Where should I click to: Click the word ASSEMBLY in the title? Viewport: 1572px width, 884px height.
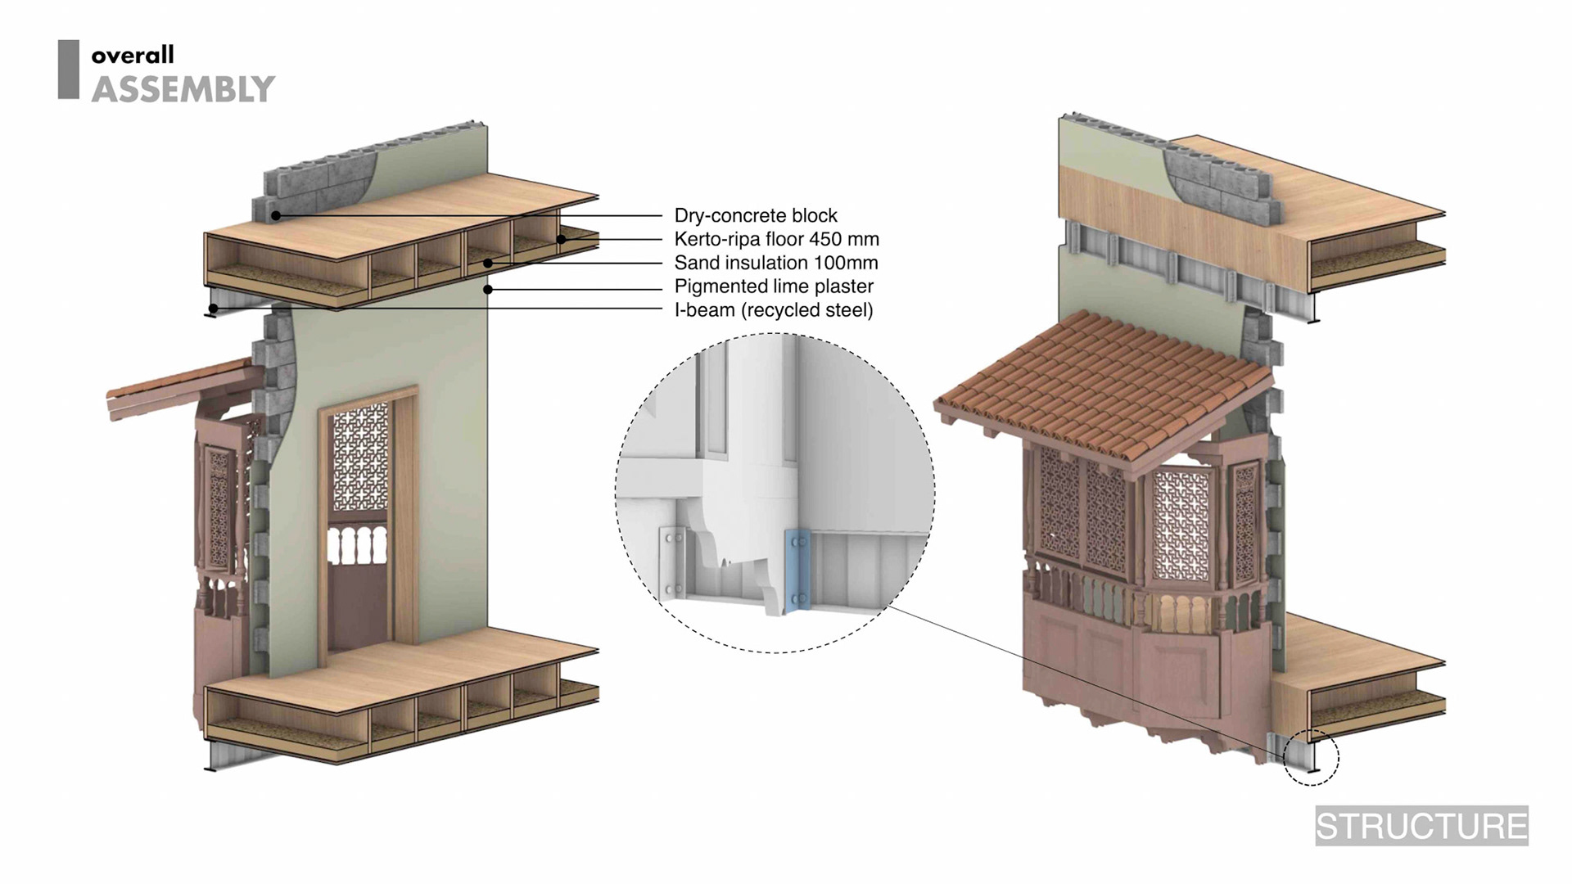click(x=183, y=88)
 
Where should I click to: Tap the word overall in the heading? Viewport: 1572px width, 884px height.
click(x=133, y=56)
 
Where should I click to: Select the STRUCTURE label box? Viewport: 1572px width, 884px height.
click(x=1421, y=826)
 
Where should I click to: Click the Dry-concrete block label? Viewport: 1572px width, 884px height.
click(x=755, y=215)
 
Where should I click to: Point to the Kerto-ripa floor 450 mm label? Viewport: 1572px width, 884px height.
click(x=776, y=239)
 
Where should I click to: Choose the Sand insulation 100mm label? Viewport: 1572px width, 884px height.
click(x=775, y=263)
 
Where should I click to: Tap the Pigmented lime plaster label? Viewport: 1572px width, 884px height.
click(x=773, y=286)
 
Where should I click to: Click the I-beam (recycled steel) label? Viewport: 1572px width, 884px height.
click(x=773, y=310)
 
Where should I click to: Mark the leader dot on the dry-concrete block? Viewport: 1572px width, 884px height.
click(x=277, y=216)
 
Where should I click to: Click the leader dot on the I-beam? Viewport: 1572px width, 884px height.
click(x=213, y=309)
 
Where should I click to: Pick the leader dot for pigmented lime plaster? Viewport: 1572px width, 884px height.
click(x=488, y=289)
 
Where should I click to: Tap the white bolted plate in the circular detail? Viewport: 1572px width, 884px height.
click(x=673, y=563)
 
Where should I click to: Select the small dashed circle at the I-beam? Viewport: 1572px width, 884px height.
click(x=1311, y=757)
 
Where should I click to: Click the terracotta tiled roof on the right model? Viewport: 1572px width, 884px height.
click(x=1105, y=377)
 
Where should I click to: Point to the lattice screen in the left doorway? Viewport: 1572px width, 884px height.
click(x=360, y=446)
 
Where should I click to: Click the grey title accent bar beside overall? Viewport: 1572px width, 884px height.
click(x=69, y=70)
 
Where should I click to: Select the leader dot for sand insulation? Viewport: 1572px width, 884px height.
click(x=487, y=263)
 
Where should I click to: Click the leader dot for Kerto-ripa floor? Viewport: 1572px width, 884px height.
click(x=562, y=239)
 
